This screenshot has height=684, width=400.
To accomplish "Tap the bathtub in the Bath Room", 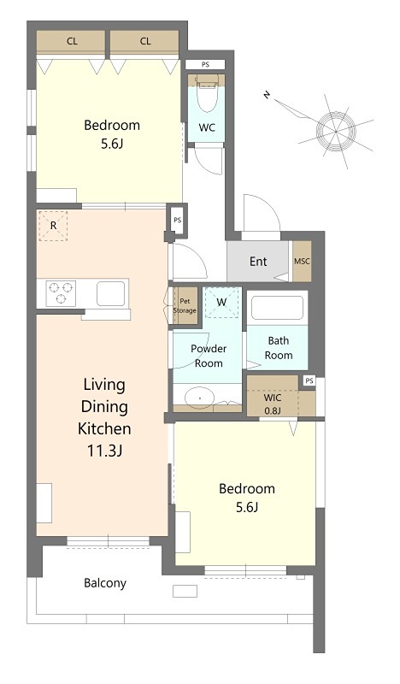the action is [x=278, y=308].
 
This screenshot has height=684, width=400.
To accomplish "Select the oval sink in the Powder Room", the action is [x=200, y=398].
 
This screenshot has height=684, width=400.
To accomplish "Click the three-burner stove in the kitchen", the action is [x=61, y=292].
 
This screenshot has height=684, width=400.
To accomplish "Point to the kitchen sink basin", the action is [x=111, y=293].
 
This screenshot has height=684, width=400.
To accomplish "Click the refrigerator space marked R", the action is [x=53, y=226].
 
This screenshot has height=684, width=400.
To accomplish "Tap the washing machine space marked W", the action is [x=221, y=302].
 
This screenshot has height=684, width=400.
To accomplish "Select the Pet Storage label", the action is [x=185, y=306].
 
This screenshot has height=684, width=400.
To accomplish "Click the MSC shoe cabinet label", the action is [x=302, y=262].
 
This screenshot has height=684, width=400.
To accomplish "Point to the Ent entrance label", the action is [x=258, y=262].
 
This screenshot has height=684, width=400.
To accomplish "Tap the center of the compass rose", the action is [x=336, y=131].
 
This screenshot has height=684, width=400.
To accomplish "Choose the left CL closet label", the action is [x=73, y=41].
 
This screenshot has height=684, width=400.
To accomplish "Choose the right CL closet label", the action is [x=145, y=41].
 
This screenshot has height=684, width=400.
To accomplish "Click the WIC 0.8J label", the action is [x=272, y=404].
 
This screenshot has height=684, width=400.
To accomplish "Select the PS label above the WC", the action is [x=205, y=65].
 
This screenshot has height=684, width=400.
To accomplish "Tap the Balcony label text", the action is [x=105, y=583].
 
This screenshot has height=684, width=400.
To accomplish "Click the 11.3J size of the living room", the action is [x=104, y=451].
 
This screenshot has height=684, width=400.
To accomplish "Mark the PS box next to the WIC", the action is [x=309, y=380].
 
